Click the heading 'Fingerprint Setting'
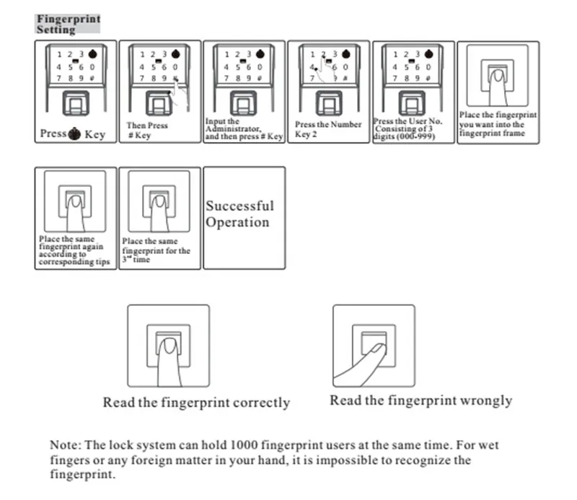pyautogui.click(x=68, y=24)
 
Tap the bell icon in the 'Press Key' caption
pyautogui.click(x=74, y=133)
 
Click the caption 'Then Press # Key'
pyautogui.click(x=147, y=131)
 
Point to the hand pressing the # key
pyautogui.click(x=180, y=94)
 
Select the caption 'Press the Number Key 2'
pyautogui.click(x=328, y=129)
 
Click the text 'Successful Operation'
pyautogui.click(x=239, y=214)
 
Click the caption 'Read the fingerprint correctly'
pyautogui.click(x=196, y=403)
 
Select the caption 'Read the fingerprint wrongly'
pyautogui.click(x=421, y=400)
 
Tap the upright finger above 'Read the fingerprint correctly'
pyautogui.click(x=169, y=363)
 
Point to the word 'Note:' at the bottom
pyautogui.click(x=66, y=444)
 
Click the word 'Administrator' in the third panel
pyautogui.click(x=233, y=129)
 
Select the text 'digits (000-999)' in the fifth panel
pyautogui.click(x=404, y=136)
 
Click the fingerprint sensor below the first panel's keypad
pyautogui.click(x=76, y=103)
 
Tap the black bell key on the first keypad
pyautogui.click(x=93, y=54)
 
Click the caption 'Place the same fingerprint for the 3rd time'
pyautogui.click(x=156, y=250)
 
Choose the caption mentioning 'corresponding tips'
pyautogui.click(x=74, y=250)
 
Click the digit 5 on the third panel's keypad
pyautogui.click(x=238, y=67)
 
